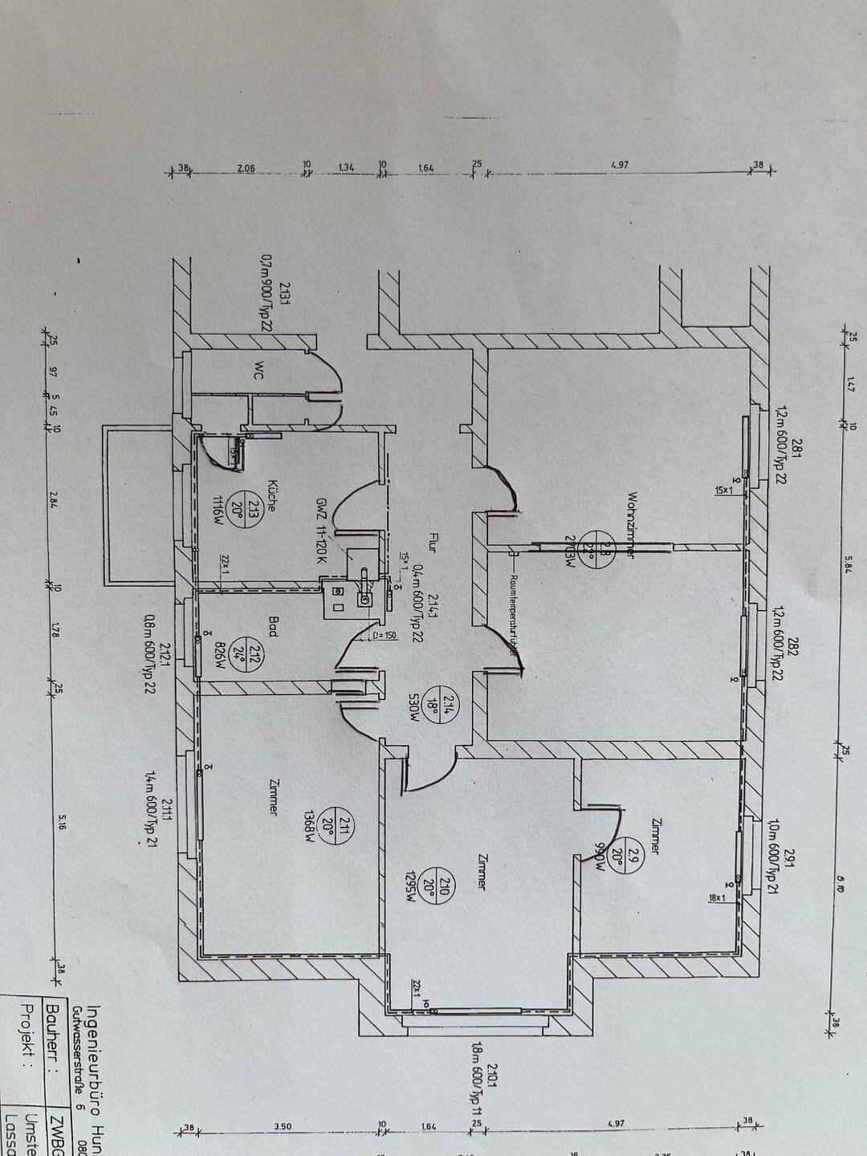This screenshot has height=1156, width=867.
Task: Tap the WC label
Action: point(258,370)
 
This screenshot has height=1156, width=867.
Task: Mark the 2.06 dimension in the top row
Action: point(246,168)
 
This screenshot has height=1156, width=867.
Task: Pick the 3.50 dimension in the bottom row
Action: point(283,1127)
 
